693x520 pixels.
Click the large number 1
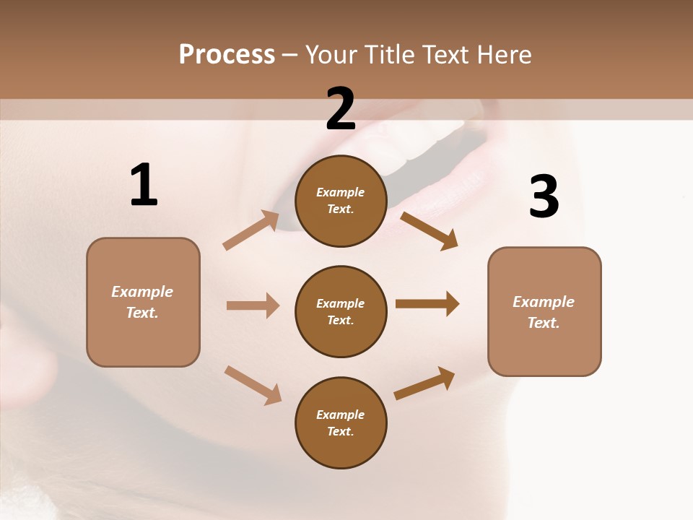(x=144, y=185)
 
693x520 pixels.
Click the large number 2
(x=341, y=108)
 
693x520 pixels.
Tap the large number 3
(x=544, y=196)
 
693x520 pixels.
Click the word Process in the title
(x=227, y=54)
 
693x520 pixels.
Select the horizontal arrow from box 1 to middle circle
(x=253, y=305)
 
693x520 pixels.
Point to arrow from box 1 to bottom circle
(x=253, y=384)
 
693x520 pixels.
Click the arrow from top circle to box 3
(x=429, y=230)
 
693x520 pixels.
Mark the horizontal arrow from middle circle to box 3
(x=427, y=304)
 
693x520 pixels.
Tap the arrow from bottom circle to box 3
(x=424, y=383)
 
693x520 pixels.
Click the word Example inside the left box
(x=142, y=292)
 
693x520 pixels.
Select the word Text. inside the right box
(x=544, y=323)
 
